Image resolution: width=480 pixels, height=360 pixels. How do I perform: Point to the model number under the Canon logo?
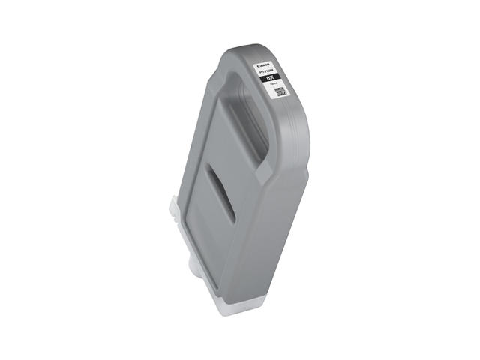point(266,71)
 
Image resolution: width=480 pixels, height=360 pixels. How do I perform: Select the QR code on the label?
point(279,91)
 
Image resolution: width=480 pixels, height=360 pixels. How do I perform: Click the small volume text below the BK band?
point(274,85)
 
